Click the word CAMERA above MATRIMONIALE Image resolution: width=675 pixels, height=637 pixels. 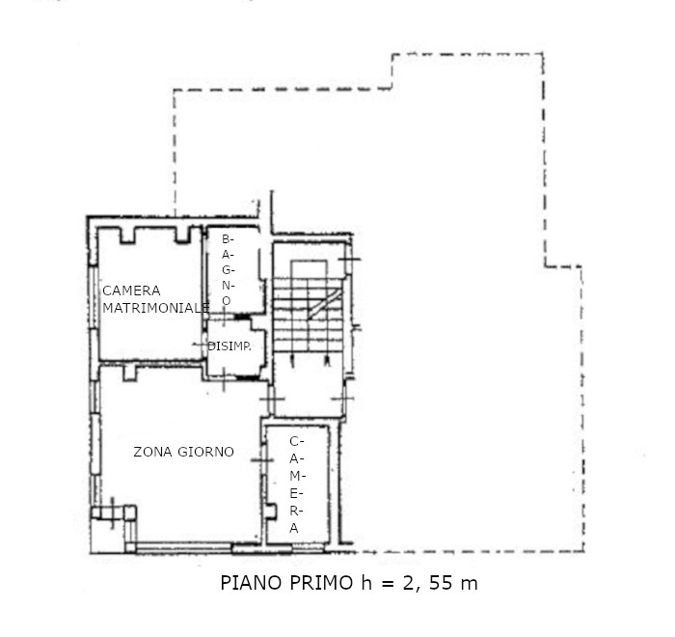pos(131,291)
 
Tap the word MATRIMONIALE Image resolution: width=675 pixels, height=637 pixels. pos(156,308)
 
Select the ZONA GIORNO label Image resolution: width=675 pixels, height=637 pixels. pos(184,452)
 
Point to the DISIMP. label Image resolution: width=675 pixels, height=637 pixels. pos(229,346)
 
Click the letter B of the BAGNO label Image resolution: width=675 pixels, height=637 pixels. pos(226,238)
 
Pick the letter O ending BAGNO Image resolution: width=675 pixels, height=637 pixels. pos(226,301)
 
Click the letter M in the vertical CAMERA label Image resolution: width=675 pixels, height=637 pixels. pos(295,476)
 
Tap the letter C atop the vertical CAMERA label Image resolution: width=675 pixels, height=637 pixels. pos(294,441)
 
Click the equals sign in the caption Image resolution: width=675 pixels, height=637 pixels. pos(387,584)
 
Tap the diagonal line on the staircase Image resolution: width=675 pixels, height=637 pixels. pos(325,304)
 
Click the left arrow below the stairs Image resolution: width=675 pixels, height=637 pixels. pos(293,361)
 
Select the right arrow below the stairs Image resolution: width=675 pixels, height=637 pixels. pos(327,361)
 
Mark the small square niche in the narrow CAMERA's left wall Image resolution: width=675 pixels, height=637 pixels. pos(270,512)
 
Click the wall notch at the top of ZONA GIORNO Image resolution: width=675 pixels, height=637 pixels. pos(129,373)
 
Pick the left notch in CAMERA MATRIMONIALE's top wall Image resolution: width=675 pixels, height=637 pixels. pos(127,235)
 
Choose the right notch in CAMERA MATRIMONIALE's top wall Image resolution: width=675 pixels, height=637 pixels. pos(182,235)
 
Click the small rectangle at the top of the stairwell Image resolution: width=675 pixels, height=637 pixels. pos(309,269)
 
